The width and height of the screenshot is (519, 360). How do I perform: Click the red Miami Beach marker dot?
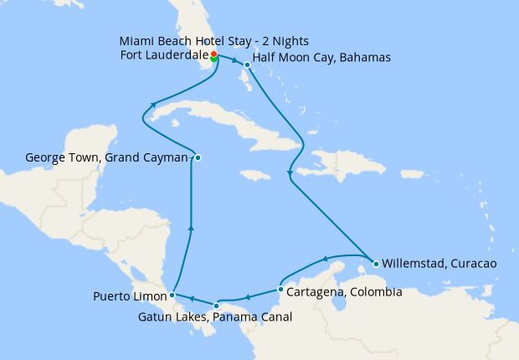click(214, 54)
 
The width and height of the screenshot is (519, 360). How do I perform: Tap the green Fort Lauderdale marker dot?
click(214, 59)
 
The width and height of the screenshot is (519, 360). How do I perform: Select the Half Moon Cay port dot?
click(247, 64)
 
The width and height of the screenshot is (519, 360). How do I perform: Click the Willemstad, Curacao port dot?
click(376, 264)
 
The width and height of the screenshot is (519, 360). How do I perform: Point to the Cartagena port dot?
click(280, 290)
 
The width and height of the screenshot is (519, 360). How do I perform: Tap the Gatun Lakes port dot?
click(217, 305)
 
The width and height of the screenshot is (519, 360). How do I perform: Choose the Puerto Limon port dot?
click(172, 295)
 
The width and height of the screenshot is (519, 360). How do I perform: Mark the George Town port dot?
click(198, 157)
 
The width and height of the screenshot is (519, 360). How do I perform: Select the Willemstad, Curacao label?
click(439, 263)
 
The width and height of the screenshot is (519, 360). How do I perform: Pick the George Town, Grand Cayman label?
click(107, 157)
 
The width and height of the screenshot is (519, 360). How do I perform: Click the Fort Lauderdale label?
click(164, 55)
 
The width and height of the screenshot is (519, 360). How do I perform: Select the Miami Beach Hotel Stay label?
click(214, 41)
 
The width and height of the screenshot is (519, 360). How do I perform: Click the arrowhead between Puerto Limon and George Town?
click(192, 227)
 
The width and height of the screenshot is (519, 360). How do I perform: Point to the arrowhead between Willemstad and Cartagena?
click(326, 258)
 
